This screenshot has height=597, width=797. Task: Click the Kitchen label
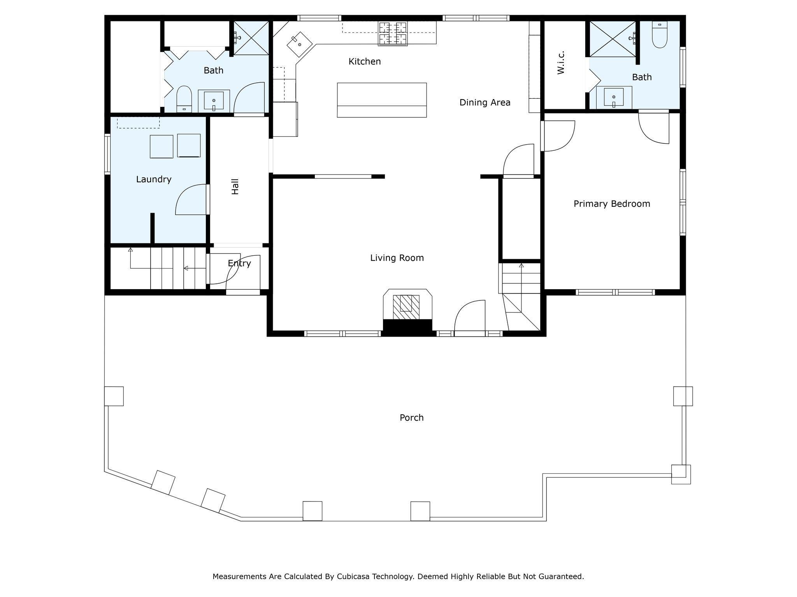pos(365,61)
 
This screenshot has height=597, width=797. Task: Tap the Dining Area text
pos(485,103)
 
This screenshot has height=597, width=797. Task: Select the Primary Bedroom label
pos(612,204)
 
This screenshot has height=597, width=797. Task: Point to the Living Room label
pos(397,258)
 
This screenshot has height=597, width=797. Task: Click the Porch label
pos(412,418)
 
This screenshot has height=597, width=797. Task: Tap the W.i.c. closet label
pos(560,63)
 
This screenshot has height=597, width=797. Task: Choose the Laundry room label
pos(154,180)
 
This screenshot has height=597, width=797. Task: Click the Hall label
pos(235,187)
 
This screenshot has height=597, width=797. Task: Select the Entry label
pos(239,264)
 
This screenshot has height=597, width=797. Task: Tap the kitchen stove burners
pos(393,33)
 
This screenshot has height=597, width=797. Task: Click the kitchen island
pos(382,100)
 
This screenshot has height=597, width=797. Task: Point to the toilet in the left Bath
pos(184,99)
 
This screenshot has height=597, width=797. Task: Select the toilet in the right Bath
pos(660,35)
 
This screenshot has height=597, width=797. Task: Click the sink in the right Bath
pos(614,98)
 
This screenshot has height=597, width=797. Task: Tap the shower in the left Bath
pos(251,38)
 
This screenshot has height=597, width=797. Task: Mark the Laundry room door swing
pos(191,199)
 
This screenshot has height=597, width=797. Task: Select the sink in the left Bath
pos(214,101)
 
